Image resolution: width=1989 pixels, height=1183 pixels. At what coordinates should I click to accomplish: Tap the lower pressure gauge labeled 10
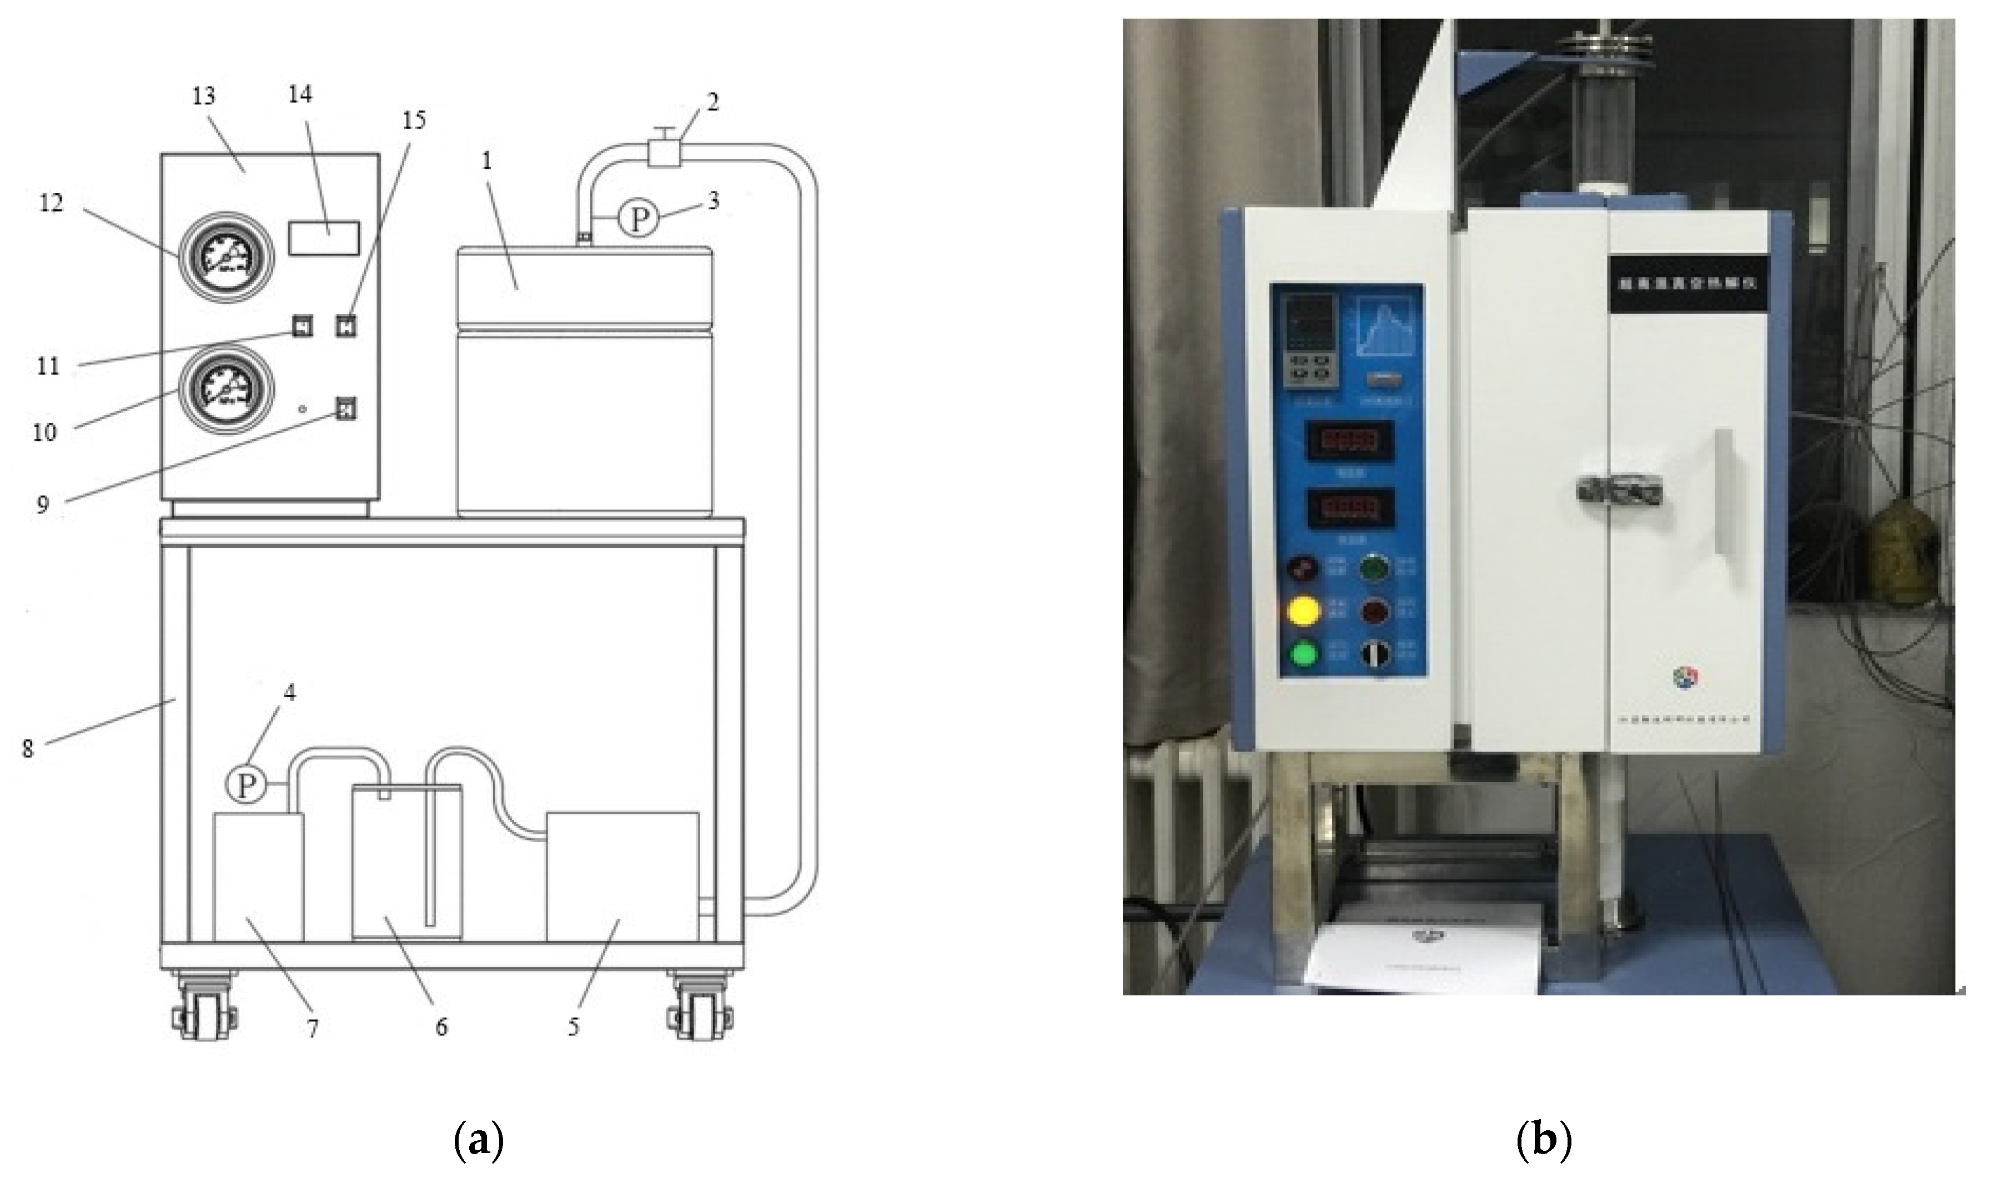pyautogui.click(x=225, y=391)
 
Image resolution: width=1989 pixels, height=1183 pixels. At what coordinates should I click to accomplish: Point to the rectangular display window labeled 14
pyautogui.click(x=324, y=238)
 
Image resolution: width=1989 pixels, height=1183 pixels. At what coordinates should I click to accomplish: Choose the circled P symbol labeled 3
pyautogui.click(x=639, y=219)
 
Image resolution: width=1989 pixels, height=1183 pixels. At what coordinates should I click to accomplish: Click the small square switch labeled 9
pyautogui.click(x=345, y=409)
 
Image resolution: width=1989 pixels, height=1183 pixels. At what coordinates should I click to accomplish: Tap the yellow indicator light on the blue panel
pyautogui.click(x=1303, y=612)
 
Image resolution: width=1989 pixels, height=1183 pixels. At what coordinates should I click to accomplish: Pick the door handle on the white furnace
pyautogui.click(x=1618, y=488)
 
